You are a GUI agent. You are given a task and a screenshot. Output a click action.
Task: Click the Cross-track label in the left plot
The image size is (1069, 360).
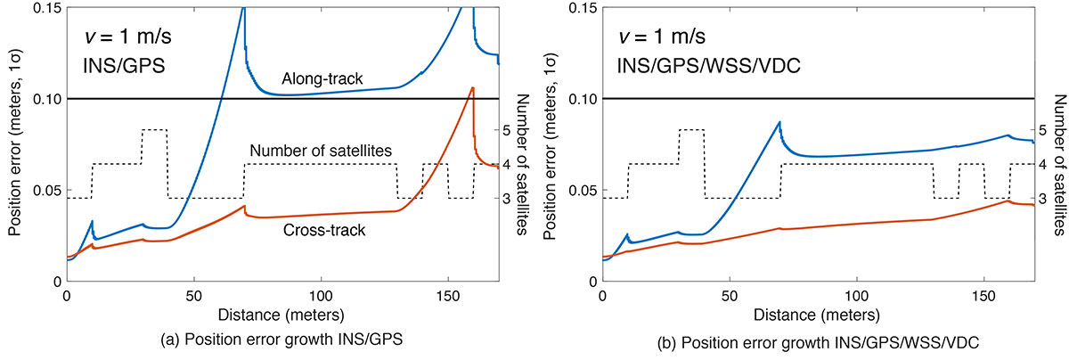coord(318,230)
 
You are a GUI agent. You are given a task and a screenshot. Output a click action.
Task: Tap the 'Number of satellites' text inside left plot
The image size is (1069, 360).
coord(322,152)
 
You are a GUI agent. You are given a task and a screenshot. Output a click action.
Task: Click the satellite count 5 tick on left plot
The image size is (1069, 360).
coord(505,130)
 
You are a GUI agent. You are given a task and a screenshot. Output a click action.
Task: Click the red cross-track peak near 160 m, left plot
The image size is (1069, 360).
coord(472,87)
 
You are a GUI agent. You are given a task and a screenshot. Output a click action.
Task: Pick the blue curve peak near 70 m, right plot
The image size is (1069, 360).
coord(779,122)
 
